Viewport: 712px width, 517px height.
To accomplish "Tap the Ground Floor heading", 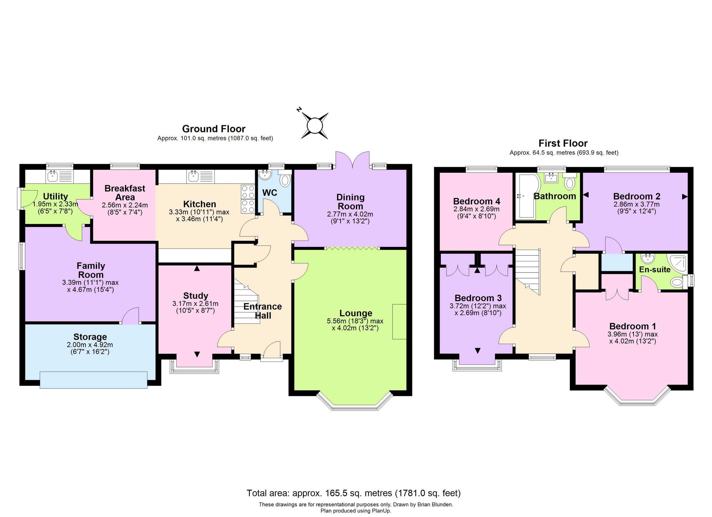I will pyautogui.click(x=214, y=129).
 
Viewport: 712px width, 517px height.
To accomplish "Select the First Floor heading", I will pyautogui.click(x=563, y=143).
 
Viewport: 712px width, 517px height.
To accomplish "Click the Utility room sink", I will pyautogui.click(x=53, y=176).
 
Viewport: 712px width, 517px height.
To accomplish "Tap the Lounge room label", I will pyautogui.click(x=356, y=313).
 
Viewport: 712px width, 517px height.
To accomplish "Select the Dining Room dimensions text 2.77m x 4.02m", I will pyautogui.click(x=350, y=215).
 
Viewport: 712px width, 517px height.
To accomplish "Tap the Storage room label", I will pyautogui.click(x=90, y=337).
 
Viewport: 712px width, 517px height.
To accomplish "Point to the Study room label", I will pyautogui.click(x=196, y=296).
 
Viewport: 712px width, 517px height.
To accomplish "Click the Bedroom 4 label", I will pyautogui.click(x=476, y=201).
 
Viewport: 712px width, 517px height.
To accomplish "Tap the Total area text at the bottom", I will pyautogui.click(x=354, y=493).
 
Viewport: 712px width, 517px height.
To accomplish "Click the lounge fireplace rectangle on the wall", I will pyautogui.click(x=399, y=321).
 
